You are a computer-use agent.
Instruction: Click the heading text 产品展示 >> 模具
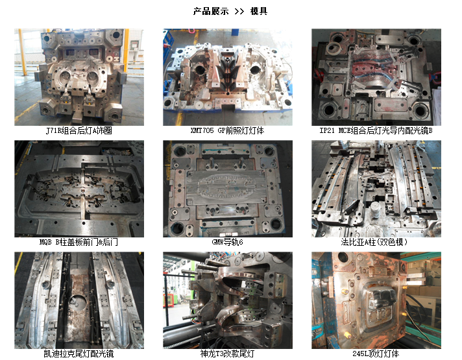tap(230, 11)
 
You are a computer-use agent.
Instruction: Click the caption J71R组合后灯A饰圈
tap(79, 130)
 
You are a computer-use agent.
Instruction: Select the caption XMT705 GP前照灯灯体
tap(227, 130)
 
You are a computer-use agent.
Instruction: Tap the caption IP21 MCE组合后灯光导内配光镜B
tap(376, 130)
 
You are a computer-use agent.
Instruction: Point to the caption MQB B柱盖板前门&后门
tap(79, 242)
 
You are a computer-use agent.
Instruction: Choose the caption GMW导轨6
tap(227, 242)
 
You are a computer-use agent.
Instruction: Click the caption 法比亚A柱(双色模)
tap(376, 242)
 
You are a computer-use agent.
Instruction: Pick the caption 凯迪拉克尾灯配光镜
tap(79, 354)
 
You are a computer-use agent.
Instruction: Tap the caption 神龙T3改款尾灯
tap(227, 354)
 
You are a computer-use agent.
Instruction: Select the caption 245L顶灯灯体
tap(376, 354)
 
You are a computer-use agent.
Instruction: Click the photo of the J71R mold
tap(79, 77)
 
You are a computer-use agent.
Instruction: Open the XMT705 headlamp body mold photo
tap(227, 77)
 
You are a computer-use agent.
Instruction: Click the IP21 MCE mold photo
tap(376, 77)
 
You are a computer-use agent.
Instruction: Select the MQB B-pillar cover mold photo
tap(79, 189)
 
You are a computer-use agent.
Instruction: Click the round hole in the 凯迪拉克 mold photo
tap(82, 302)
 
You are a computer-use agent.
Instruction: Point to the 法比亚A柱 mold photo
tap(376, 189)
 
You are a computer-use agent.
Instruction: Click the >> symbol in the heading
tap(239, 11)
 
